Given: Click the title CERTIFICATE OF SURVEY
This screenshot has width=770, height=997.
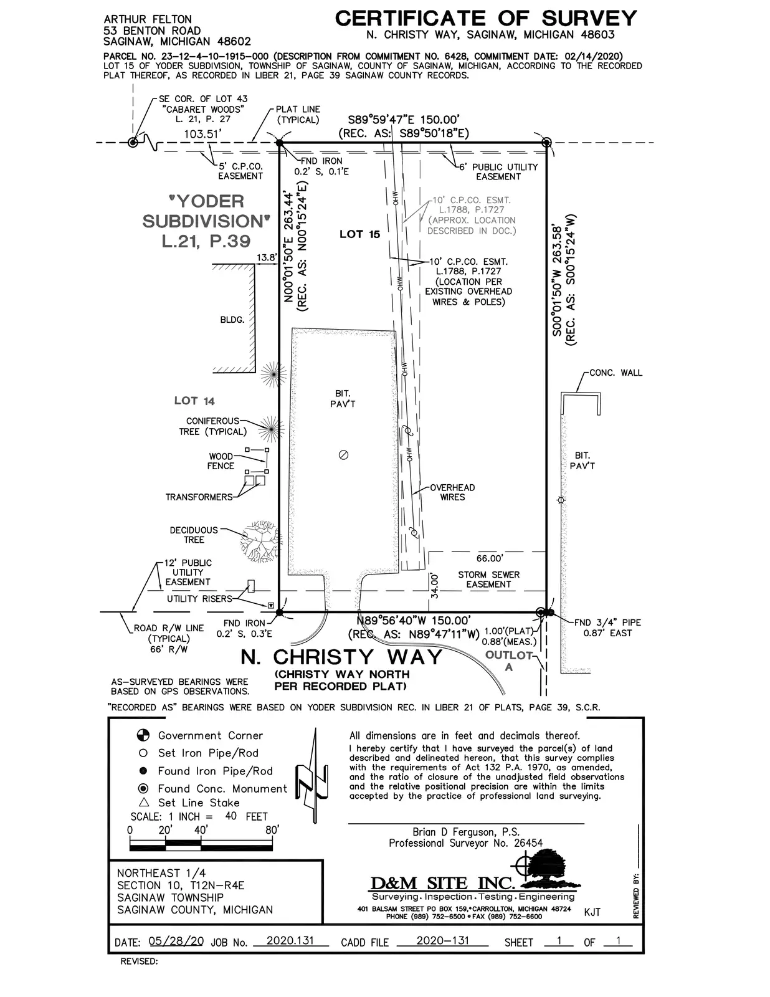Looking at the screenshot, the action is pyautogui.click(x=486, y=19).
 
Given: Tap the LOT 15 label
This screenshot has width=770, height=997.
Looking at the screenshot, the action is pyautogui.click(x=359, y=234).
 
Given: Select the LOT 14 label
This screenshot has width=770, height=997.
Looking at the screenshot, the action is pyautogui.click(x=194, y=401).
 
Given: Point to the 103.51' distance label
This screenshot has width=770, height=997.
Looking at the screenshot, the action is pyautogui.click(x=202, y=134).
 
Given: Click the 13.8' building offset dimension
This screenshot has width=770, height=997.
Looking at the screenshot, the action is pyautogui.click(x=267, y=257).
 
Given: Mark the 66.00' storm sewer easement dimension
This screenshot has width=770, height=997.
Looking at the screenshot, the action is pyautogui.click(x=489, y=558).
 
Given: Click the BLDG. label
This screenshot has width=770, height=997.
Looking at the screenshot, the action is pyautogui.click(x=232, y=320).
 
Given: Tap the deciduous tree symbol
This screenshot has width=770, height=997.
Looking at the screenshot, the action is pyautogui.click(x=260, y=541).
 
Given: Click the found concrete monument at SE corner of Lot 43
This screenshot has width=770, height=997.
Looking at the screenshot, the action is pyautogui.click(x=133, y=142).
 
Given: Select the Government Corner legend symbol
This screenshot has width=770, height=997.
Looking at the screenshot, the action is pyautogui.click(x=143, y=735).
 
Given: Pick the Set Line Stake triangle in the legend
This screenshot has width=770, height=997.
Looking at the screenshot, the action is pyautogui.click(x=144, y=802).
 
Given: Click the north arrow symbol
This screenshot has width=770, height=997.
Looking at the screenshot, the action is pyautogui.click(x=313, y=775).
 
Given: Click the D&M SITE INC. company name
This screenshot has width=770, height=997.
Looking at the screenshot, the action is pyautogui.click(x=442, y=883).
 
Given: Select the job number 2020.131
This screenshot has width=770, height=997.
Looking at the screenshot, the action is pyautogui.click(x=290, y=940).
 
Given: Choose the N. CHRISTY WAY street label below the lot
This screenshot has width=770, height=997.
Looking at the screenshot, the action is pyautogui.click(x=341, y=657).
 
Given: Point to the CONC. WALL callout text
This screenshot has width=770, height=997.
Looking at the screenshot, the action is pyautogui.click(x=616, y=373).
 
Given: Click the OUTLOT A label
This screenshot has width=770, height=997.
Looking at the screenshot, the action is pyautogui.click(x=509, y=661).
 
